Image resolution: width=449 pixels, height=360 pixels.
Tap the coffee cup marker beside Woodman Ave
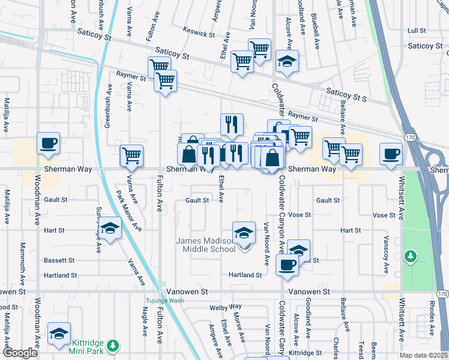coord(49,143)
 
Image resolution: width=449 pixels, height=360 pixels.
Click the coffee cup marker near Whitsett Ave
coord(391,154)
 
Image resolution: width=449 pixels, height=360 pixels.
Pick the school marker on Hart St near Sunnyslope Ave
coord(110,229)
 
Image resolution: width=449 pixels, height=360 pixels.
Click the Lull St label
coord(416,30)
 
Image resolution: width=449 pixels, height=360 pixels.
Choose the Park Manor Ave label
coord(129,211)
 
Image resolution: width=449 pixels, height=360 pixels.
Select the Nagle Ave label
coord(144,324)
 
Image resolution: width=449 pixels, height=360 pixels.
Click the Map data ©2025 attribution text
coord(423,355)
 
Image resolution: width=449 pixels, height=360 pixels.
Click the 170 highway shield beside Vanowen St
coord(442,293)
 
